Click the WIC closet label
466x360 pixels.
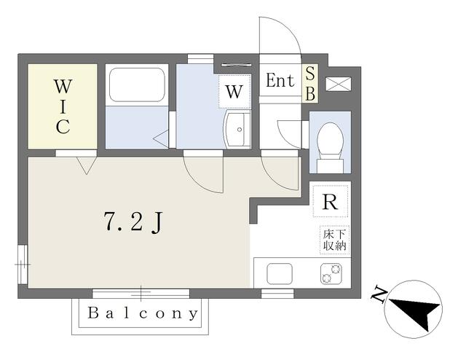[63, 106]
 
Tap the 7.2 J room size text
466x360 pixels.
[133, 222]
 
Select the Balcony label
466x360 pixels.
[143, 313]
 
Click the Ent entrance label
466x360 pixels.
[280, 80]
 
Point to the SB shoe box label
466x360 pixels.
[310, 84]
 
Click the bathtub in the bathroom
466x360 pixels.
[137, 85]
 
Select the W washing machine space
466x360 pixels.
[234, 91]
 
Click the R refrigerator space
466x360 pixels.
[330, 201]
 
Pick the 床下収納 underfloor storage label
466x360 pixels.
[335, 240]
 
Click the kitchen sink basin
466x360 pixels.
[280, 274]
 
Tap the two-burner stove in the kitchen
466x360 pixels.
[331, 274]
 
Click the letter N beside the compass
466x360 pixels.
[379, 294]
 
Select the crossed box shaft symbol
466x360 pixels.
[339, 84]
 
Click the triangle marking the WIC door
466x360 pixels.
[87, 165]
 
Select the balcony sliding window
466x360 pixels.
[141, 294]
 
